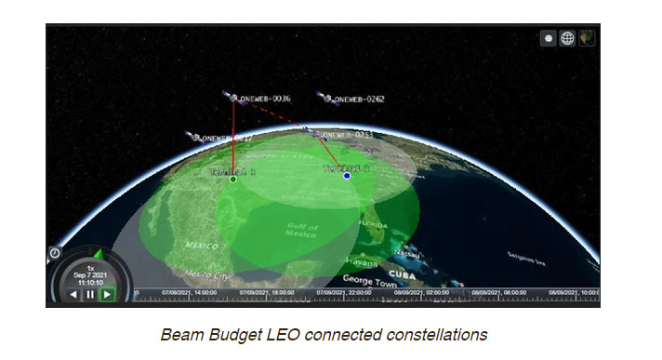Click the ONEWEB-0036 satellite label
tap(266, 98)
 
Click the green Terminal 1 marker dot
tap(232, 180)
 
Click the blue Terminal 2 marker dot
tap(347, 175)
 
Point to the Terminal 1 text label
tap(232, 171)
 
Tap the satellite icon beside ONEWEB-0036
tap(232, 96)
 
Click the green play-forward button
tap(108, 294)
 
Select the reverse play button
tap(73, 294)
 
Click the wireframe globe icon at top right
tap(567, 38)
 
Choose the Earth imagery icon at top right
tap(587, 38)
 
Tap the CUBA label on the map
tap(401, 274)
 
